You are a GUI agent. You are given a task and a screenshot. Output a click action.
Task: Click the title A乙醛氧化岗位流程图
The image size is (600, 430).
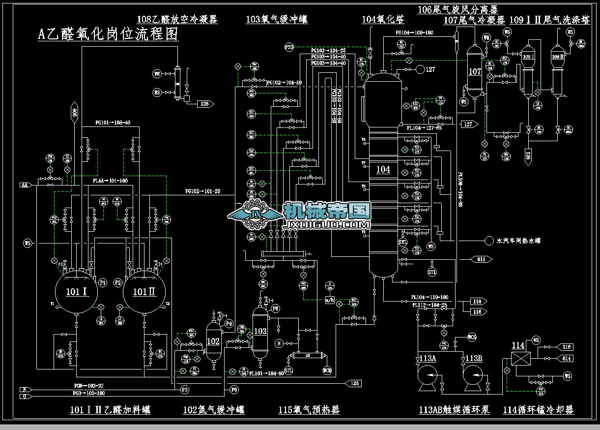(x=108, y=34)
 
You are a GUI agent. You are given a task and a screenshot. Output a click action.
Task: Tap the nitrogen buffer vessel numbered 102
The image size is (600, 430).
(x=213, y=341)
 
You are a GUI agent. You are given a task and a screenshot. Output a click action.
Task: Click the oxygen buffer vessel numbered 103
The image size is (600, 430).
(x=259, y=331)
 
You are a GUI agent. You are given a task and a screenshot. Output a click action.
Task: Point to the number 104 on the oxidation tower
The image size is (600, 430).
(x=383, y=170)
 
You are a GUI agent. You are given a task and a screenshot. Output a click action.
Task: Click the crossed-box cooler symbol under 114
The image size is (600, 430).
(x=518, y=358)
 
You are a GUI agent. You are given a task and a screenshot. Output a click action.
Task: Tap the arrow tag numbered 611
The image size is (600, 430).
(x=481, y=259)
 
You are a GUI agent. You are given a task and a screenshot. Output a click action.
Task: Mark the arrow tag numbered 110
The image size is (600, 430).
(x=477, y=301)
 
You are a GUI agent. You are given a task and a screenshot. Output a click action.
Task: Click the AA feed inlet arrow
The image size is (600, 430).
(x=25, y=185)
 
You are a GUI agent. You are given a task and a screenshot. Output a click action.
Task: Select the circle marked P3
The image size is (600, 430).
(x=185, y=389)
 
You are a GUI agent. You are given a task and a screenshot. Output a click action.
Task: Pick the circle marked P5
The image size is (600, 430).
(x=234, y=389)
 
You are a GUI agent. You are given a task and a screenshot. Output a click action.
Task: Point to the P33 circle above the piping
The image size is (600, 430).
(x=289, y=47)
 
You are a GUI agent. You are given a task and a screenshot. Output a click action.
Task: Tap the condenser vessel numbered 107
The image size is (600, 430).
(x=475, y=72)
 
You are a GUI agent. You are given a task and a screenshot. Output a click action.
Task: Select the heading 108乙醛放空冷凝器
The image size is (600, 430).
(x=177, y=20)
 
